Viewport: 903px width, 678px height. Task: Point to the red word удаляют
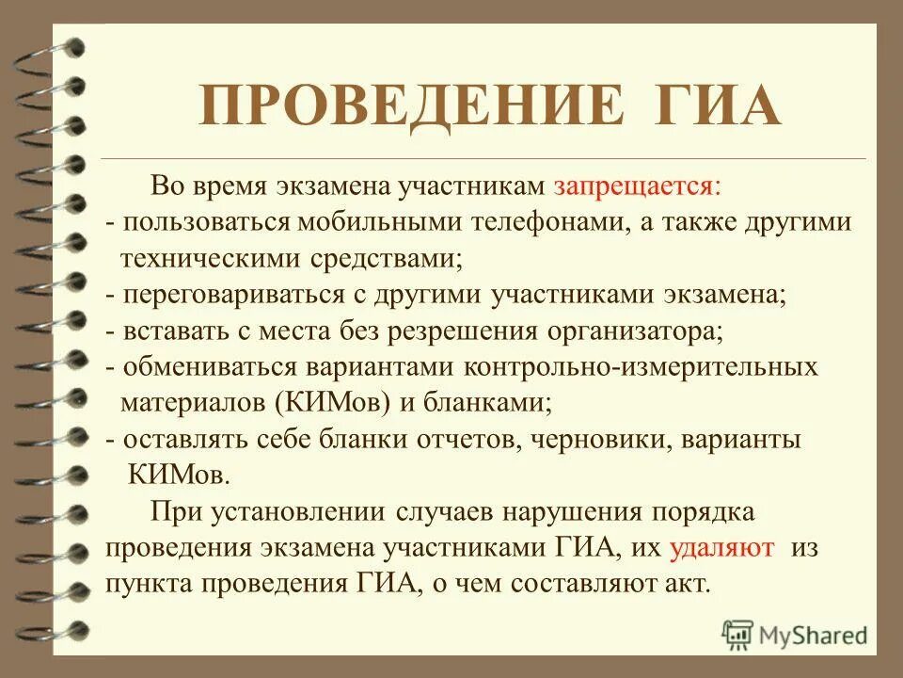(723, 547)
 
